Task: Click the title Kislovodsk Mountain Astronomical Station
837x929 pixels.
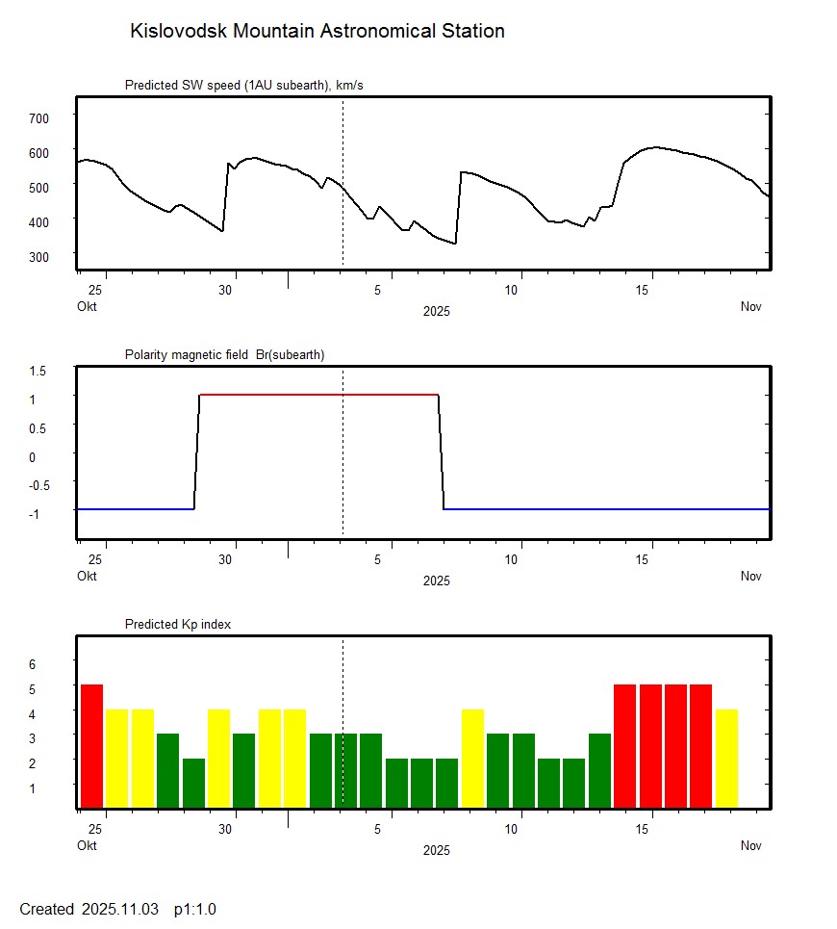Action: [317, 31]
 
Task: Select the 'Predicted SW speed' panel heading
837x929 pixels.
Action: [243, 86]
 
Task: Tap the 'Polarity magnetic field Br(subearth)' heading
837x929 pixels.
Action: [224, 354]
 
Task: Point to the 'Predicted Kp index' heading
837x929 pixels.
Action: [178, 624]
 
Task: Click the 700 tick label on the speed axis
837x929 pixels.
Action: [38, 117]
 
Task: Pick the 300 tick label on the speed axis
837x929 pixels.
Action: [38, 256]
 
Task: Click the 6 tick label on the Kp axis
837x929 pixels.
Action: [31, 663]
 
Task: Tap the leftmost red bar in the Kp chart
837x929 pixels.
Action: [91, 746]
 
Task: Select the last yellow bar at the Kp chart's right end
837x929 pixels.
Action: [726, 759]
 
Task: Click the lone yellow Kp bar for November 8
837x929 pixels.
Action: [472, 759]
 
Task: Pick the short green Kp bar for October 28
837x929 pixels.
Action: [193, 784]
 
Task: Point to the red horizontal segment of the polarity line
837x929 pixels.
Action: [317, 395]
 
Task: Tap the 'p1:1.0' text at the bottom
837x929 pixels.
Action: [195, 909]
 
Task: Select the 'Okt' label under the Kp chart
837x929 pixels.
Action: [87, 846]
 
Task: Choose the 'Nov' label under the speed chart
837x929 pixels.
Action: [750, 307]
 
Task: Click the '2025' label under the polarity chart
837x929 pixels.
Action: [436, 581]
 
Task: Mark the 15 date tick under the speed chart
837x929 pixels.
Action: [650, 290]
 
